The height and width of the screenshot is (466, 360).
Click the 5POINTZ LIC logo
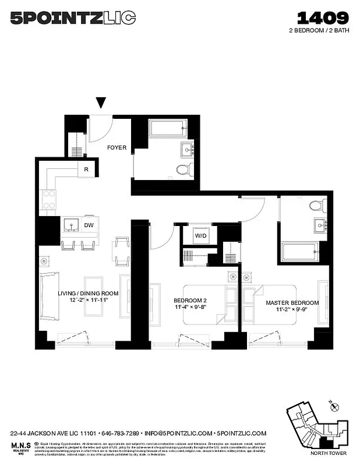click(73, 18)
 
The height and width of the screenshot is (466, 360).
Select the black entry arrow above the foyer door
click(102, 103)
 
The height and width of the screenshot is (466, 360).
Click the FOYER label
click(117, 147)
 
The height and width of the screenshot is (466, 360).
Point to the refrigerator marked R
click(86, 170)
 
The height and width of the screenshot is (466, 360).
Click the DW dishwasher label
click(89, 225)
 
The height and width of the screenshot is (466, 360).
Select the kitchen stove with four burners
click(48, 200)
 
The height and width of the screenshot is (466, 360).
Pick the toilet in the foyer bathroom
click(184, 170)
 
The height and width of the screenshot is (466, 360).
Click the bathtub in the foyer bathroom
click(168, 128)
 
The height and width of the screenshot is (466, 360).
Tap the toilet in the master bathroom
click(318, 205)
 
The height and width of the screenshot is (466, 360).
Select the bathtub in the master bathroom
click(301, 253)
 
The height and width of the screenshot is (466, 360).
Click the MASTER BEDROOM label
click(292, 303)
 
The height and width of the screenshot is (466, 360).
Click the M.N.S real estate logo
click(19, 446)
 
